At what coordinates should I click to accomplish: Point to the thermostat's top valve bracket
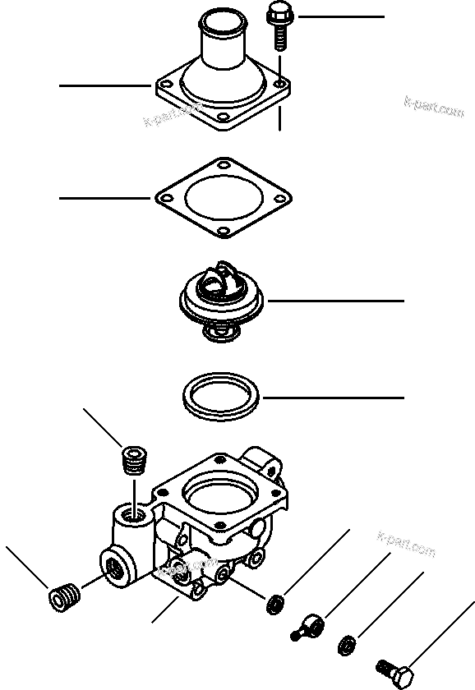point(219,278)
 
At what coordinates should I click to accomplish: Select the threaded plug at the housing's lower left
point(64,595)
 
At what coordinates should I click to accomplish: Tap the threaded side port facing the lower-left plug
point(113,567)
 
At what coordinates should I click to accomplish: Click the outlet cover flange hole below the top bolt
point(281,84)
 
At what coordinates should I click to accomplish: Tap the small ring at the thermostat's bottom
point(219,332)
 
